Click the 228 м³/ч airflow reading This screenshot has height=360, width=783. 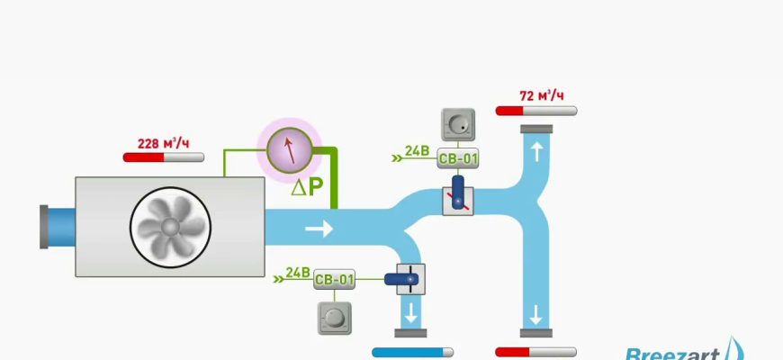163,143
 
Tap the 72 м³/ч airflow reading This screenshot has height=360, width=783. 542,95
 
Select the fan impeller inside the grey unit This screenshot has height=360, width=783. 170,226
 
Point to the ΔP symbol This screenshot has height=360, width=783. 308,189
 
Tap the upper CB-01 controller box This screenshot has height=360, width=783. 458,159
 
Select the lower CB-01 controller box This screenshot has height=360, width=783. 335,280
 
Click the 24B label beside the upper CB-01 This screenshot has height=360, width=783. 417,150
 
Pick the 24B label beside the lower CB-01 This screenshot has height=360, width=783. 297,272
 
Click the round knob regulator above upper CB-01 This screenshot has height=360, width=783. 458,124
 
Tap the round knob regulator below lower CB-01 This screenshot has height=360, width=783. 334,317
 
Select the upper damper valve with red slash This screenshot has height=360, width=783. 458,196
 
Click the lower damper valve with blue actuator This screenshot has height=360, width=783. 408,279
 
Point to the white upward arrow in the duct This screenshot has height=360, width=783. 537,152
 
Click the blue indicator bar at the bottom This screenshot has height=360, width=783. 412,353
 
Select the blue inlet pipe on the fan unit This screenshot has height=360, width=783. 58,226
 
